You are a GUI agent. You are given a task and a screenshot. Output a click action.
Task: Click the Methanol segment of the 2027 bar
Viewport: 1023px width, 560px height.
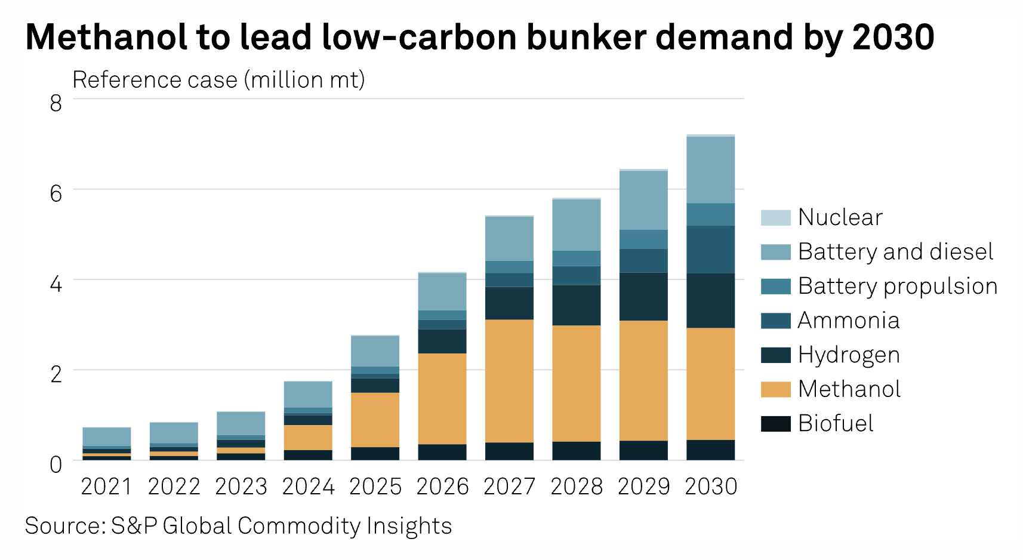(x=509, y=381)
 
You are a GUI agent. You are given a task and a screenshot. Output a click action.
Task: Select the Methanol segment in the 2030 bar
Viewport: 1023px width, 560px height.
(x=710, y=384)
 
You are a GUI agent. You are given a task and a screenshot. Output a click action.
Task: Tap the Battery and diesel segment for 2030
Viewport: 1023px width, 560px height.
(x=710, y=170)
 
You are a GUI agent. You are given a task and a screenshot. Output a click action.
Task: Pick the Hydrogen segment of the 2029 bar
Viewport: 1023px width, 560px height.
(x=643, y=297)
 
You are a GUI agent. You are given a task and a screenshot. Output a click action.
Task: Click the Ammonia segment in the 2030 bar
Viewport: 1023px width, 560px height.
(x=710, y=250)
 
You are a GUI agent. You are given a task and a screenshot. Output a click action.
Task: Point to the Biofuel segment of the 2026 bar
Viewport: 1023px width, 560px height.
(x=442, y=452)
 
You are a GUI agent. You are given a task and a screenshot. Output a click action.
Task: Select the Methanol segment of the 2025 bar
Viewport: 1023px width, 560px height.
(x=375, y=420)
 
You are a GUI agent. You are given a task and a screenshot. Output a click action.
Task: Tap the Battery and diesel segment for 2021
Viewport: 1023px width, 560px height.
(x=107, y=436)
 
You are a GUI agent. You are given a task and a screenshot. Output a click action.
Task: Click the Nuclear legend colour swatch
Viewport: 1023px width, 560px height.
(x=775, y=218)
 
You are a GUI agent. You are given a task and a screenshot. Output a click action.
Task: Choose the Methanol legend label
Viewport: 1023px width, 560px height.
(x=849, y=389)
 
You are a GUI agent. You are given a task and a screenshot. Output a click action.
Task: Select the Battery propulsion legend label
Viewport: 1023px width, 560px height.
(x=897, y=286)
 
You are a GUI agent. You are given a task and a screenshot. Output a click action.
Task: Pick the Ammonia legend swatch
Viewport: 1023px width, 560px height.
(x=775, y=321)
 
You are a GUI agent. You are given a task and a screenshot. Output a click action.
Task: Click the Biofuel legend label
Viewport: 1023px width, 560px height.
(x=836, y=423)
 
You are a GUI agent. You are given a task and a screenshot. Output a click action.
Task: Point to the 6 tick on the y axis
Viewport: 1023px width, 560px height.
(x=56, y=193)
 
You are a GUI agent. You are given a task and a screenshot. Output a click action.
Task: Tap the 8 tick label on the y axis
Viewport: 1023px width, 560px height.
(x=56, y=103)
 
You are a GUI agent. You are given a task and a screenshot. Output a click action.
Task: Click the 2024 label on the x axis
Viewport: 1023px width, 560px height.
(x=308, y=487)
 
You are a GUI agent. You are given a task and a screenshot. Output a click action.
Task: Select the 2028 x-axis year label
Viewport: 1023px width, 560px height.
(x=577, y=487)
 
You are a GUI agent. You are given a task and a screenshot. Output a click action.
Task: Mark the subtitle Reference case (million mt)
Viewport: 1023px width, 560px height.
(x=218, y=80)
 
